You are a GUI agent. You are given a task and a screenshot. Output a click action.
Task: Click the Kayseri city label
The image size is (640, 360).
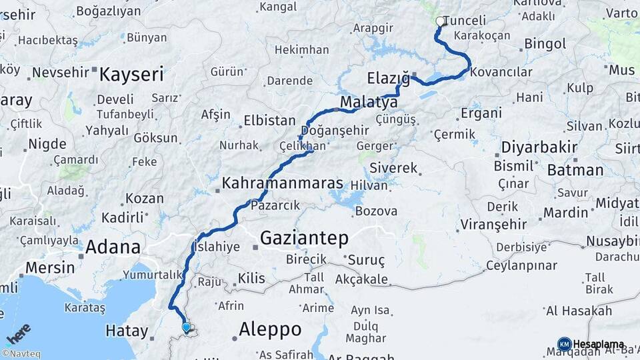point(131,74)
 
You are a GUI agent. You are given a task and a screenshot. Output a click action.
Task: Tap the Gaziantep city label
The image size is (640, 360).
point(304,237)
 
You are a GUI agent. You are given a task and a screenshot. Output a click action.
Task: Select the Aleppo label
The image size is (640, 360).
point(270,329)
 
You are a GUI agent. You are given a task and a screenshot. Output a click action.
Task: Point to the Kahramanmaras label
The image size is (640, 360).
point(283,183)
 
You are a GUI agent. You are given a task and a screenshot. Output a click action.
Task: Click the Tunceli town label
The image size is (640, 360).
point(465,21)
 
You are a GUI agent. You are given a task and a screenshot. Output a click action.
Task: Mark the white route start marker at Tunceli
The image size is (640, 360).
point(440,21)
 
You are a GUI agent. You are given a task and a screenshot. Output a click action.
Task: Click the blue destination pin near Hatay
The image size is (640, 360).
point(187,327)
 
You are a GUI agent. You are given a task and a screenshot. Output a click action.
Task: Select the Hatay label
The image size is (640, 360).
point(127,330)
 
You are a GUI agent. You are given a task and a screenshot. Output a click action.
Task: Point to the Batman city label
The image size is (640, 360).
point(575,170)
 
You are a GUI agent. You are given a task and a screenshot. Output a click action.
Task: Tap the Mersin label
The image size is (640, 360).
point(50,267)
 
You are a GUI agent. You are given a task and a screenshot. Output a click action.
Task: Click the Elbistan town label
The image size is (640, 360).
point(269,121)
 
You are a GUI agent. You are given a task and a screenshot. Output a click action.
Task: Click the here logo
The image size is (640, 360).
point(18,333)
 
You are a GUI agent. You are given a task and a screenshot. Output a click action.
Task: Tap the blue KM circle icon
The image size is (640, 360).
point(565,344)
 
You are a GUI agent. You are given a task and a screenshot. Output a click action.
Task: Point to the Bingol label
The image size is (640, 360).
point(545,44)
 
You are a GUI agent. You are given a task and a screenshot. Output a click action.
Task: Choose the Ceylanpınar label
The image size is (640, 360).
point(521,265)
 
